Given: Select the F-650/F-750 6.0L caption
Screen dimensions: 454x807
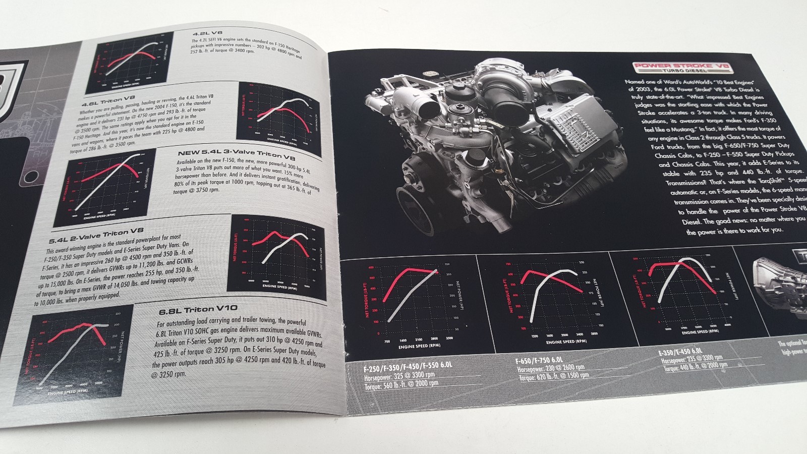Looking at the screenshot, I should tap(539, 360).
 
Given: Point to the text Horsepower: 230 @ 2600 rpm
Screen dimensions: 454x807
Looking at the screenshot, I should tap(551, 368).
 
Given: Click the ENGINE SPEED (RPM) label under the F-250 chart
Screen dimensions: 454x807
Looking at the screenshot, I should tap(409, 346).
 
